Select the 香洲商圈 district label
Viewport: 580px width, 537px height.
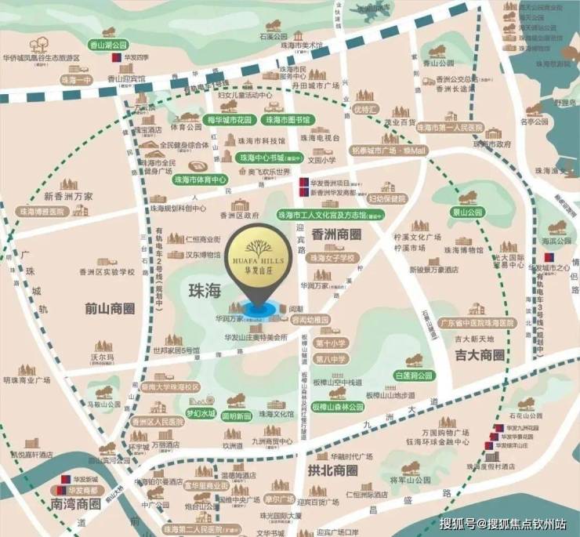337,234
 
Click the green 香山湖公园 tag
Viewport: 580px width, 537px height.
108,45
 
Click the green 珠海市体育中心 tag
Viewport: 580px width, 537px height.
200,180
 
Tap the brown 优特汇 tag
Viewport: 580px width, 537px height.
365,107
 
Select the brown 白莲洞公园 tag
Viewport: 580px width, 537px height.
414,376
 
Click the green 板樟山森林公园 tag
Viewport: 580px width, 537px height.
337,407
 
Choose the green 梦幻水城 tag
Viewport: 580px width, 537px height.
200,413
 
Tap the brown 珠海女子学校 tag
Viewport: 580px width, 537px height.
332,257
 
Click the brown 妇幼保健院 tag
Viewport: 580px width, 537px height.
388,199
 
